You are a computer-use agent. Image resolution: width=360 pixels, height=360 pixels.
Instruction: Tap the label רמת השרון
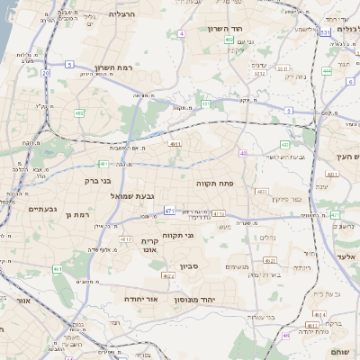coord(107,67)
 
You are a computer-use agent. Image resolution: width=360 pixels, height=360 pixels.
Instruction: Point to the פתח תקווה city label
coord(216,183)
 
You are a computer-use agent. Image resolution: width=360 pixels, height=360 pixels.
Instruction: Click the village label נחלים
coord(267,238)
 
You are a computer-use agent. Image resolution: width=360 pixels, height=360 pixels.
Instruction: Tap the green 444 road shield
coord(326,70)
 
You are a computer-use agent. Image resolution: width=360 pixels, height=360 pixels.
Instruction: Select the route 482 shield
coord(79,113)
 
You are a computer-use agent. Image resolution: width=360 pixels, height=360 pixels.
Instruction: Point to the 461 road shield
coord(57,269)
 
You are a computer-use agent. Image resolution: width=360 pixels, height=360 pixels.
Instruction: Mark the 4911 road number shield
coord(175,143)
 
